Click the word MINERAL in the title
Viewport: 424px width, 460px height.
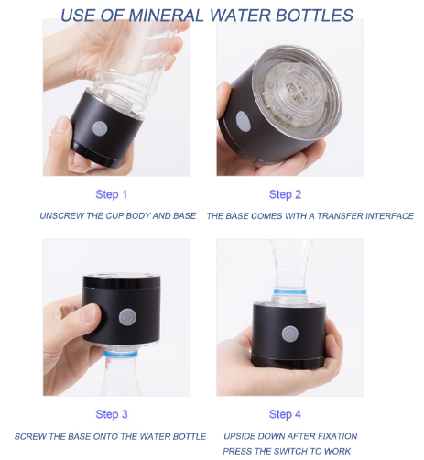166,16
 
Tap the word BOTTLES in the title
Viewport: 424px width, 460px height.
314,16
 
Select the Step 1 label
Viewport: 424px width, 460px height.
111,194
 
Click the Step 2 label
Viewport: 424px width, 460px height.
285,194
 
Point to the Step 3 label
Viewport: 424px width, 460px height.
112,414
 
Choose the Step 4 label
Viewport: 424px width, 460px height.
285,414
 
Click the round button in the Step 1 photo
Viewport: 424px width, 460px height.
100,128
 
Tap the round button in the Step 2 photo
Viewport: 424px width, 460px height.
244,121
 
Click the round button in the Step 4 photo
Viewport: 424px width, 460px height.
290,334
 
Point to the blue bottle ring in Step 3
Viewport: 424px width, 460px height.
121,354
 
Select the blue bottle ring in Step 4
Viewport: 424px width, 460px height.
289,291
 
